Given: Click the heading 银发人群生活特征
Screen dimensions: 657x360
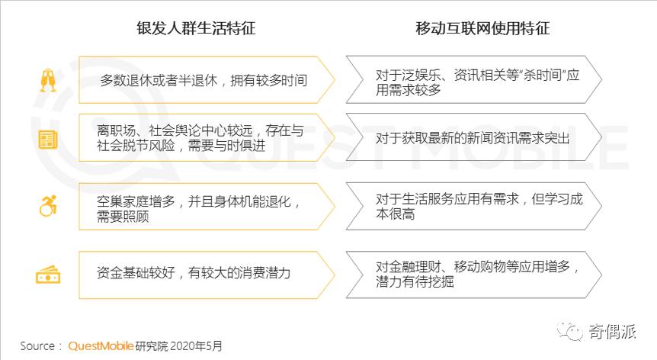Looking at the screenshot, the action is click(196, 29).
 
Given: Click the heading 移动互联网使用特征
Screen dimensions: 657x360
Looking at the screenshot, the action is click(482, 29).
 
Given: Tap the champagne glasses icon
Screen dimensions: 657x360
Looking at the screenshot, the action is click(48, 80).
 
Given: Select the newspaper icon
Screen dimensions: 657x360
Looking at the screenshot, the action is click(48, 140).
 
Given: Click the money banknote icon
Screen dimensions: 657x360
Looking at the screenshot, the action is click(48, 274).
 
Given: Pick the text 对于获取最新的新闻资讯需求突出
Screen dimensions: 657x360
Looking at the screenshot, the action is click(473, 138).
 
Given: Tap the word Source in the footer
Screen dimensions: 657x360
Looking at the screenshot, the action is click(37, 346).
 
